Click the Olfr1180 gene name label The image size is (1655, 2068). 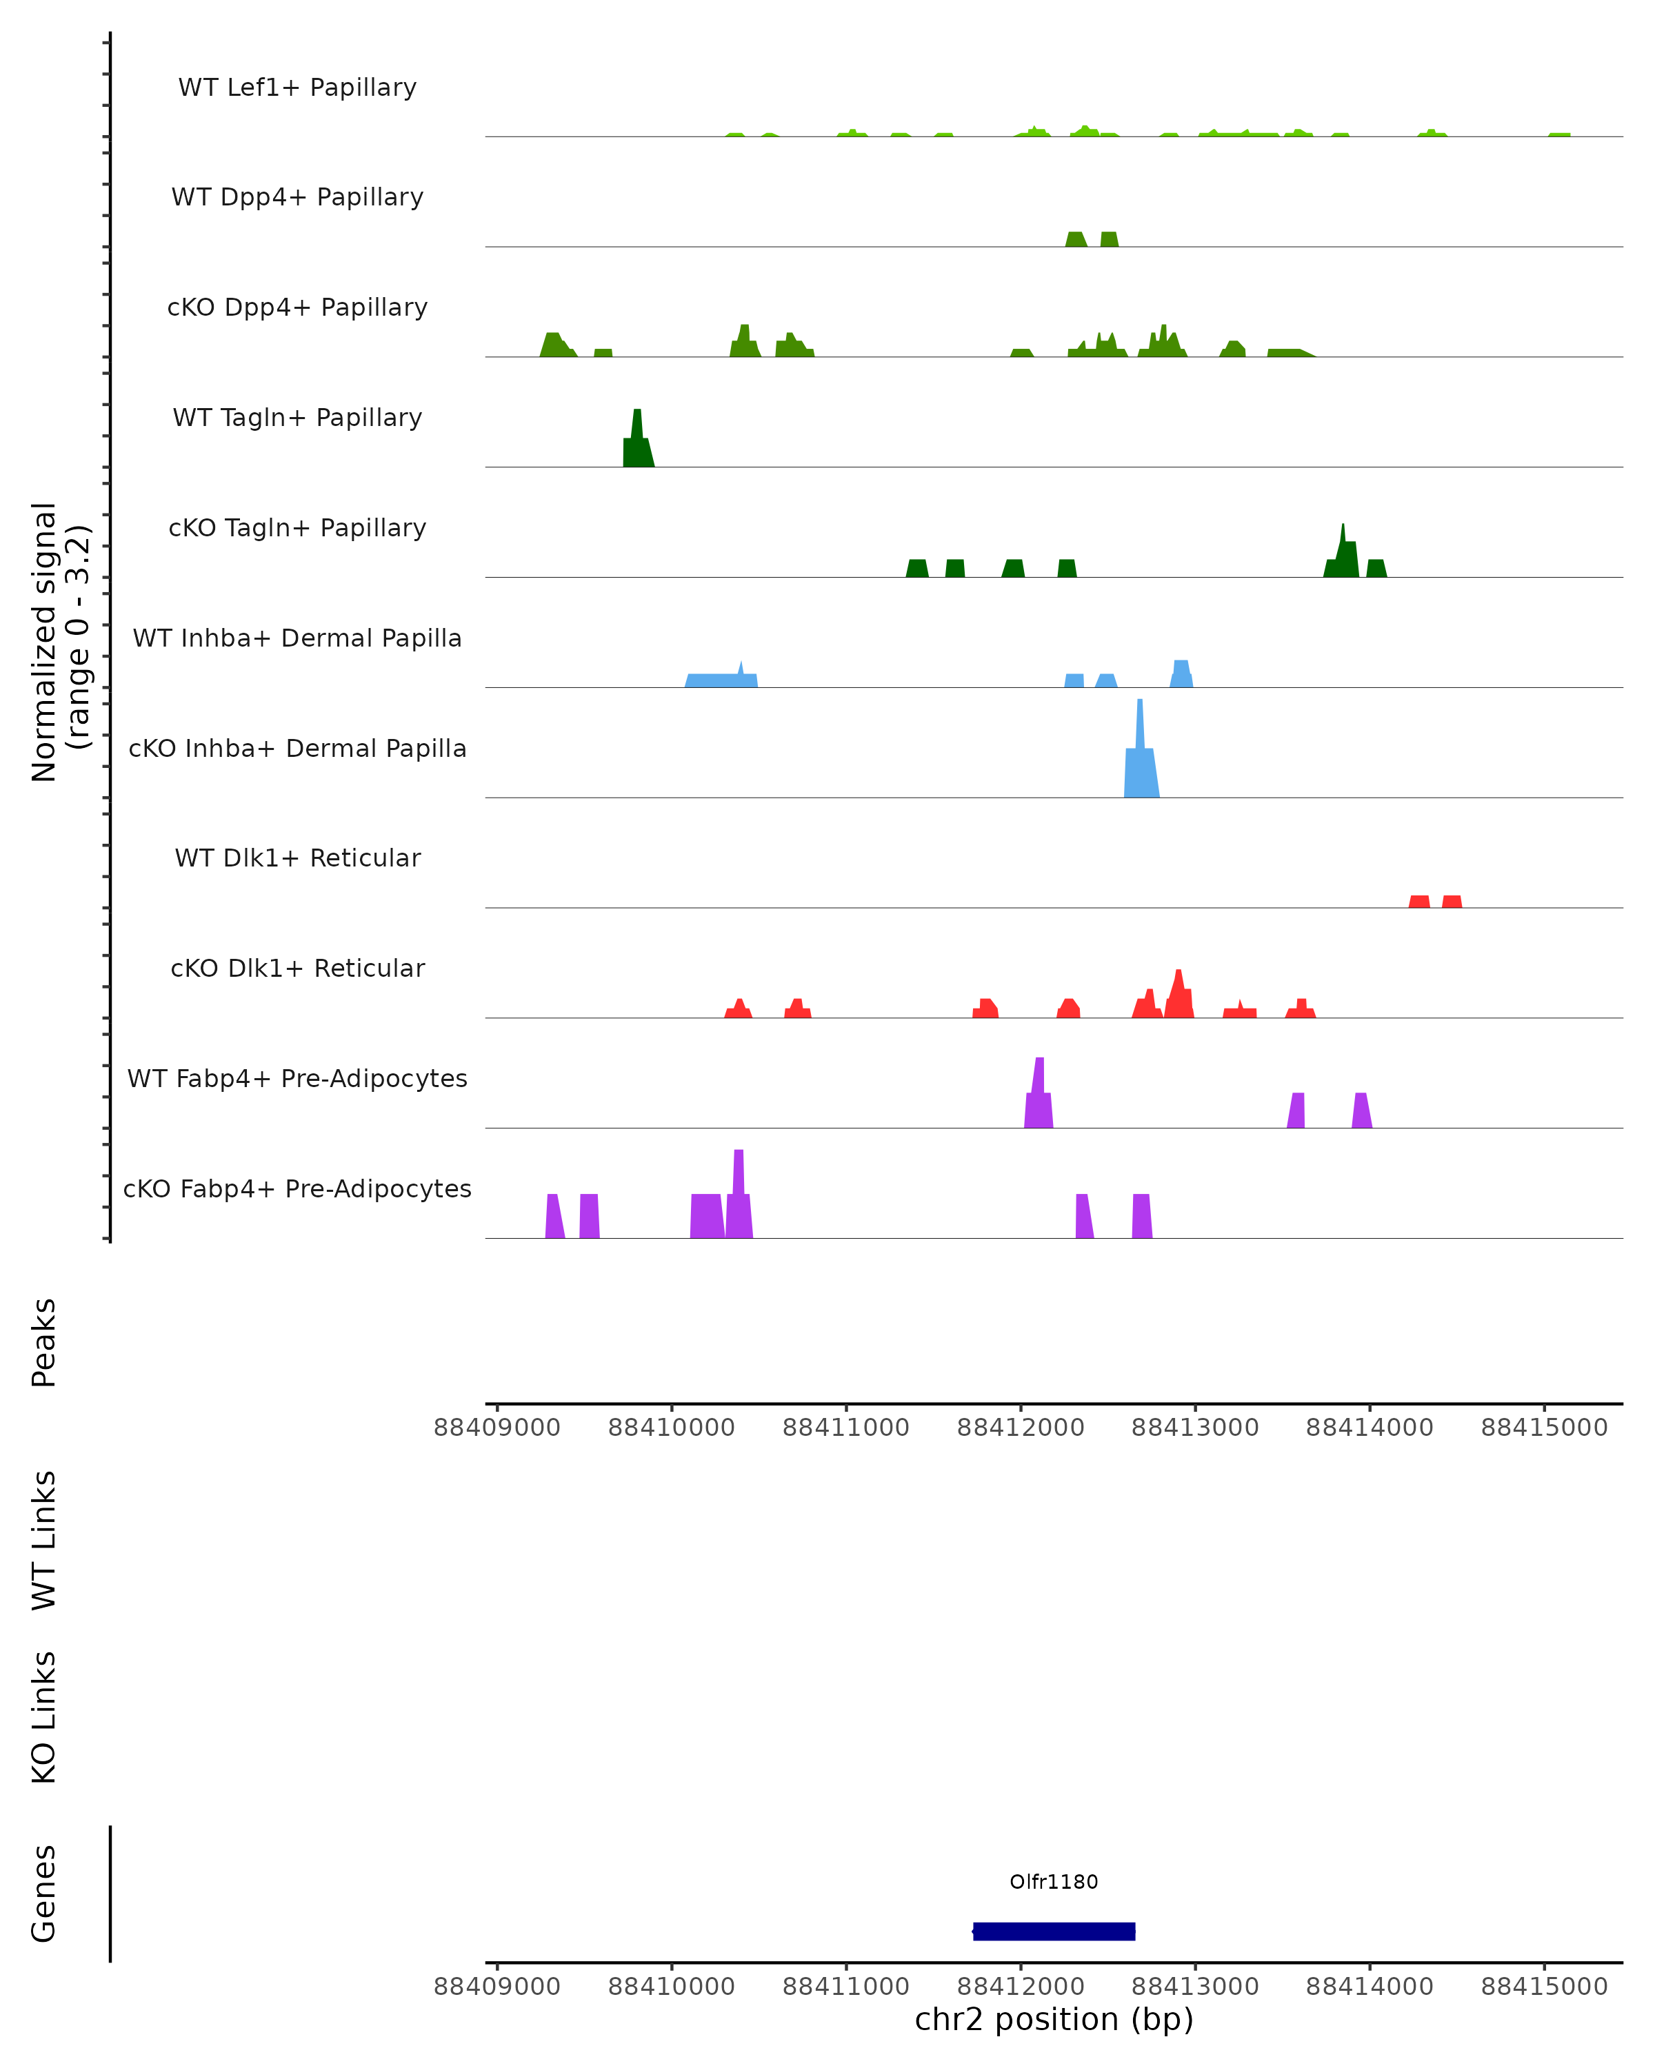(1054, 1881)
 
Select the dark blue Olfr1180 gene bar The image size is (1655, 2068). (1054, 1931)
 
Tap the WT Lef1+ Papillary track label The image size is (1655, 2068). (297, 88)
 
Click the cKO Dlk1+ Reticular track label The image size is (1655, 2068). (297, 968)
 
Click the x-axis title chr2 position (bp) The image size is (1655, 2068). (1054, 2019)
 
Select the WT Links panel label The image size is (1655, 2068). (44, 1539)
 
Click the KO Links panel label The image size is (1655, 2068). (44, 1717)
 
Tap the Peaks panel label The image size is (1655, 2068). (44, 1342)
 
